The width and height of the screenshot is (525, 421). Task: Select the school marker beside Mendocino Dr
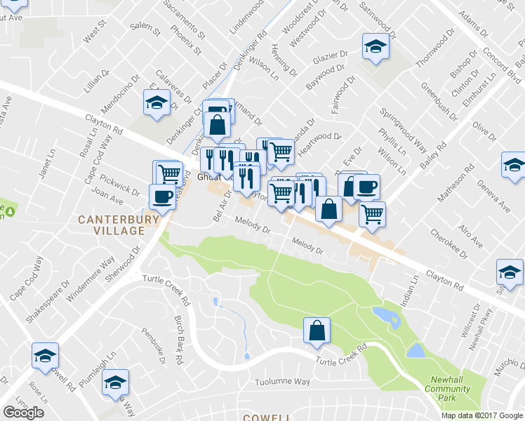pyautogui.click(x=157, y=103)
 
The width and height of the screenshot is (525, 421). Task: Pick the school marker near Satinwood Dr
pyautogui.click(x=376, y=47)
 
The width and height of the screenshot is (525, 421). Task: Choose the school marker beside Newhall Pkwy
pyautogui.click(x=510, y=271)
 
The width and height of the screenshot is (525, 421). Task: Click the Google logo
pyautogui.click(x=23, y=413)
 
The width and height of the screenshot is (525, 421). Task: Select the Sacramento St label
pyautogui.click(x=183, y=19)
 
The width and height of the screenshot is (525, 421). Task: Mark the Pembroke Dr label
pyautogui.click(x=154, y=345)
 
